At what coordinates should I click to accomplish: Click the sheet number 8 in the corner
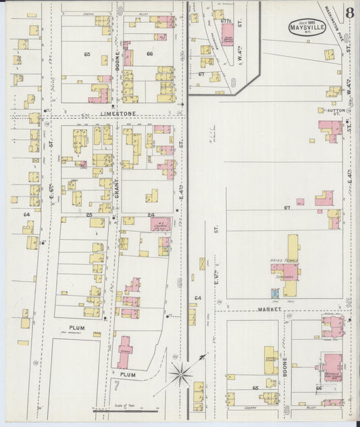click(x=349, y=13)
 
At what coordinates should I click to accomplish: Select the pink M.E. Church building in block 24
click(x=161, y=224)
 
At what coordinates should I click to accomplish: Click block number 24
click(x=151, y=215)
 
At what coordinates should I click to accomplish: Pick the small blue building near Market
click(x=275, y=293)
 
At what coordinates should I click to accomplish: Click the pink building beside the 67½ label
click(x=228, y=34)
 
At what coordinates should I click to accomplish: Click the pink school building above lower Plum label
click(x=125, y=351)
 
